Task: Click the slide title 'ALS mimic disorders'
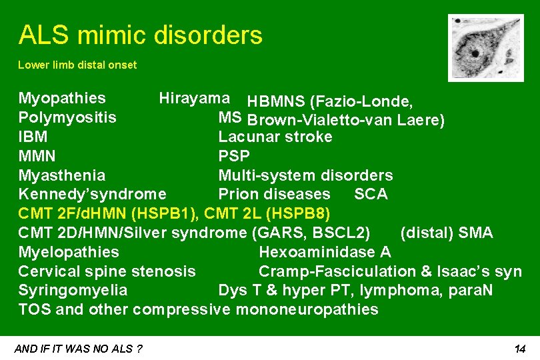click(x=140, y=35)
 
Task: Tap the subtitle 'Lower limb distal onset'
click(x=77, y=65)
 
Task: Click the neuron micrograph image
click(x=477, y=47)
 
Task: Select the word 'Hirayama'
click(x=195, y=98)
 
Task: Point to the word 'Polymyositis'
click(x=67, y=117)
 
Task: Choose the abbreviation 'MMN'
click(x=37, y=156)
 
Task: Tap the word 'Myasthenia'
click(x=61, y=175)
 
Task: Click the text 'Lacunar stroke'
click(x=275, y=137)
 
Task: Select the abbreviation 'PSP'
click(x=234, y=156)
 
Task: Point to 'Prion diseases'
click(x=274, y=194)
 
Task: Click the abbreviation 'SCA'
click(x=371, y=194)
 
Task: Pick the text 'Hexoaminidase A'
click(x=325, y=252)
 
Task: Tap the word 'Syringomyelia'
click(x=73, y=291)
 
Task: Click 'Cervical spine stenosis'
click(x=107, y=271)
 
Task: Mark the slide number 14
click(x=520, y=349)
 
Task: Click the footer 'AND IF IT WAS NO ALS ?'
click(x=78, y=349)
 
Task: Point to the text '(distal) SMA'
click(x=446, y=233)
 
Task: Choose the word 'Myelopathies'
click(x=69, y=252)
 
